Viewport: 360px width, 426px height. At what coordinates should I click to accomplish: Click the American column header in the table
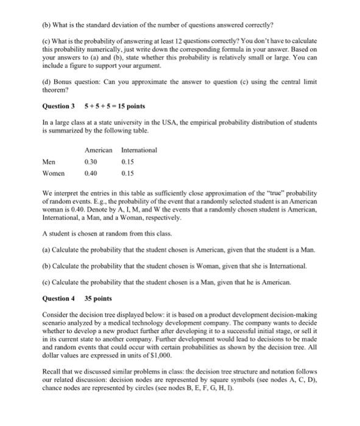tap(98, 150)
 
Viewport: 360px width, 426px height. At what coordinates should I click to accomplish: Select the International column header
tap(139, 150)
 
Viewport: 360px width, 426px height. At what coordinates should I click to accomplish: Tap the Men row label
tap(49, 162)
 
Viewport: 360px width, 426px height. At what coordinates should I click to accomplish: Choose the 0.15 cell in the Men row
tap(129, 162)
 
